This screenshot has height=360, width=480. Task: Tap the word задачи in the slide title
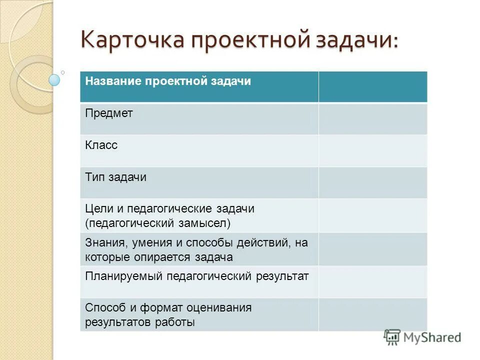(356, 39)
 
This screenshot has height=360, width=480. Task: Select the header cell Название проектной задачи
(167, 81)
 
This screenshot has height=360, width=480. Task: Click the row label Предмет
(109, 113)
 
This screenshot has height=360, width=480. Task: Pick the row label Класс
(101, 145)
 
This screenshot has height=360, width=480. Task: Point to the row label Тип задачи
(115, 177)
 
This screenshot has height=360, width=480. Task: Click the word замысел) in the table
(205, 222)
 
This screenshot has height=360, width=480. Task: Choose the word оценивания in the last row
(222, 307)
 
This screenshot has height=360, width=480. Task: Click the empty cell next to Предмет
(372, 118)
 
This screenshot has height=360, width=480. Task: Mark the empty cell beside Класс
(372, 150)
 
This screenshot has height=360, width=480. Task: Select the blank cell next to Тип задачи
(372, 182)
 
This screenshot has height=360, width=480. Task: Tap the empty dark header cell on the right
(372, 86)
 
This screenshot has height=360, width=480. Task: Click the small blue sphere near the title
(54, 80)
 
